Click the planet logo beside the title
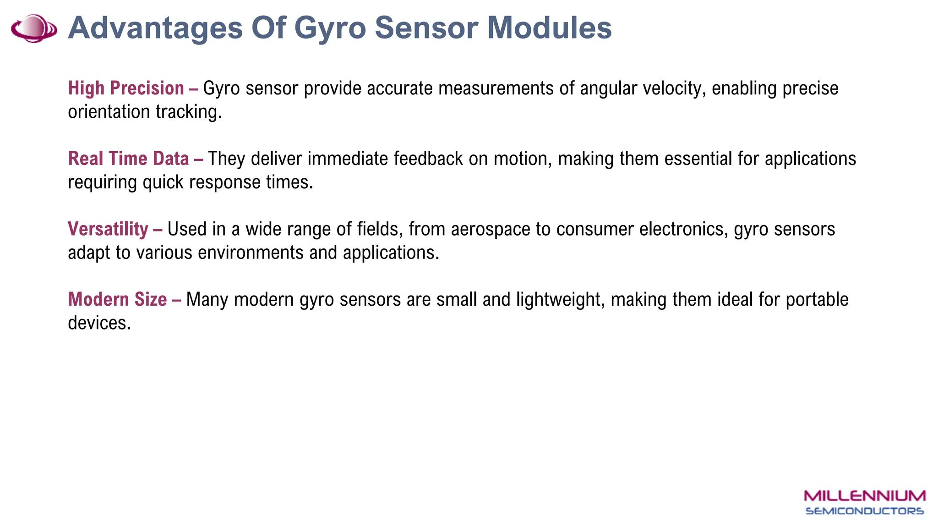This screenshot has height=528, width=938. coord(34,28)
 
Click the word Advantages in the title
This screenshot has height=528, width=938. coord(155,28)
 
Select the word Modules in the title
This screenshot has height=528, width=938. coord(549,28)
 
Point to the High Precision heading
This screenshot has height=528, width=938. coord(126,88)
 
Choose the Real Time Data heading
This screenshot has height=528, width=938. coord(128,159)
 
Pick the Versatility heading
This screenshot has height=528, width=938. coord(108,229)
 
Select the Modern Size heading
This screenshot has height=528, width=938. coord(117,300)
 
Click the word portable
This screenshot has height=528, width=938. coord(817,300)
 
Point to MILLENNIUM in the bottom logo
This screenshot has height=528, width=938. coord(865,496)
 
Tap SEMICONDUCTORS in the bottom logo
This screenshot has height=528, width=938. coord(865,511)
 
